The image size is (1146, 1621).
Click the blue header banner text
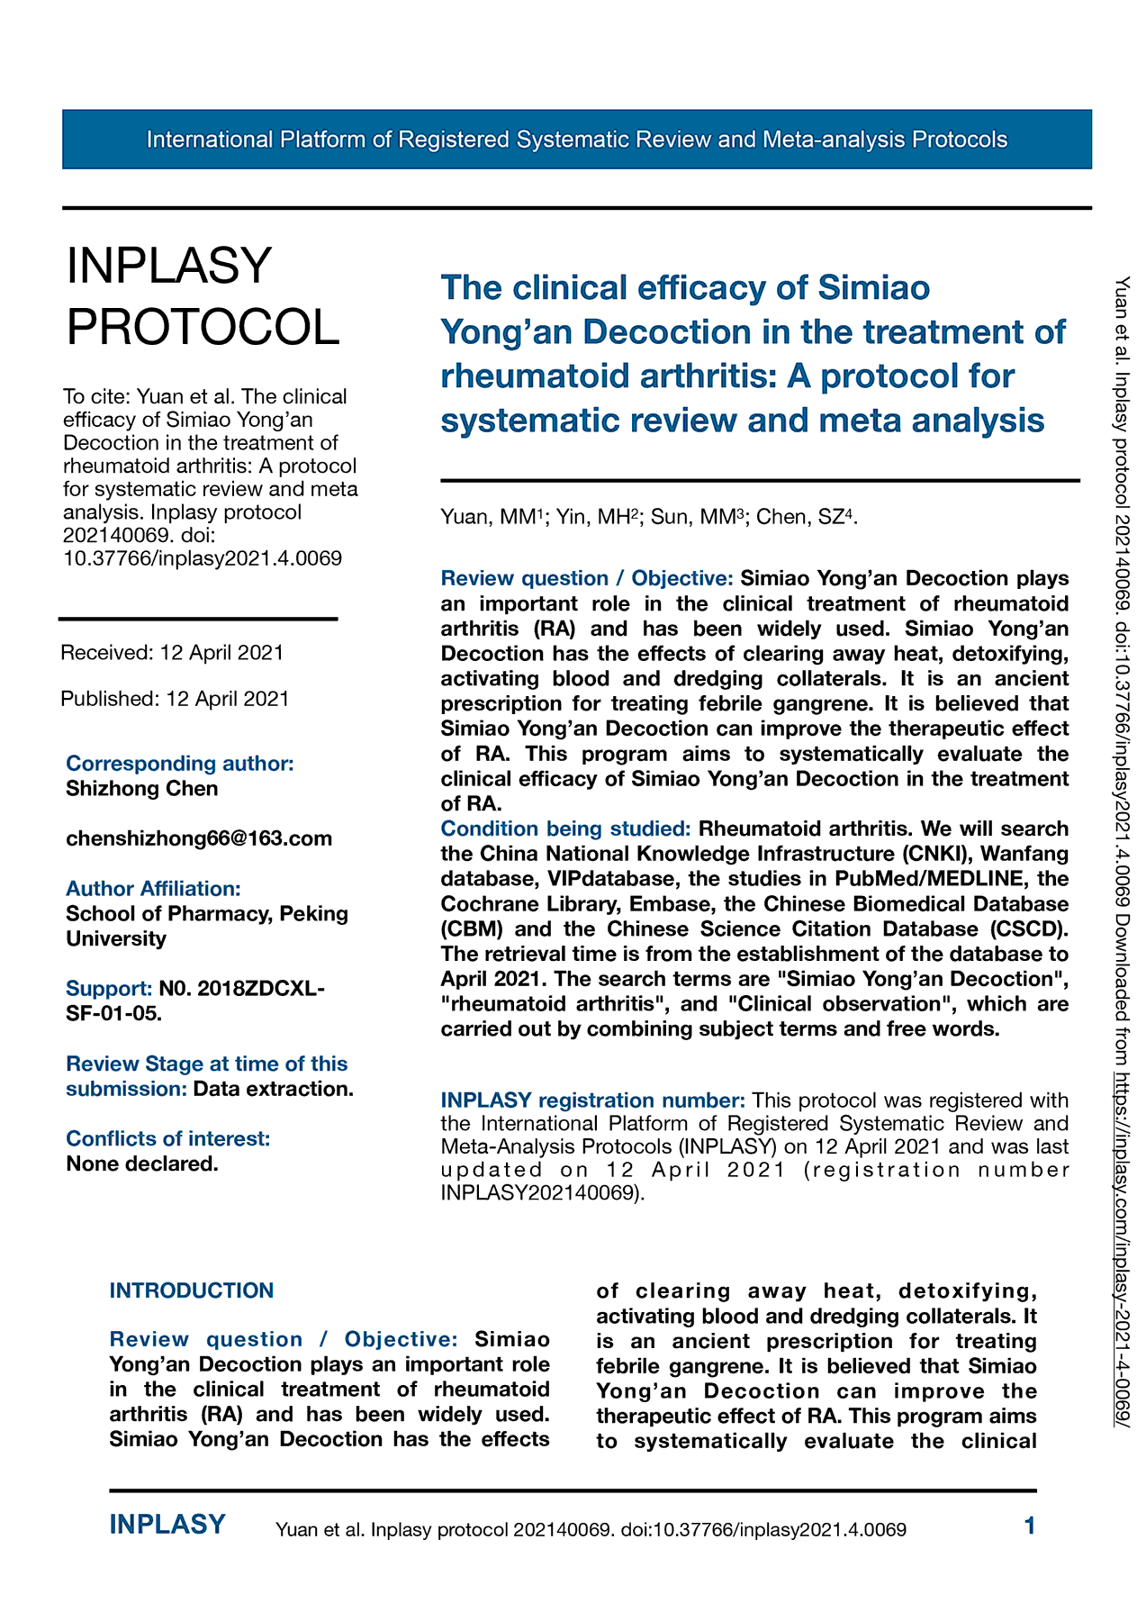(576, 140)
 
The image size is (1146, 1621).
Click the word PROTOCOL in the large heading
(203, 326)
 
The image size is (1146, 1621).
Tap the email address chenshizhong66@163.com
(199, 838)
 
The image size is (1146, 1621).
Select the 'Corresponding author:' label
(180, 764)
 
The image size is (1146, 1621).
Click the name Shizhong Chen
(142, 789)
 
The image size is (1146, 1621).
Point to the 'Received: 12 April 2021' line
(172, 653)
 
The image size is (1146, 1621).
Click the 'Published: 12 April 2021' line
(175, 699)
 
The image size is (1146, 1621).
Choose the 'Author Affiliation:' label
(153, 889)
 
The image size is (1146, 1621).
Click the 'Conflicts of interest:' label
(167, 1139)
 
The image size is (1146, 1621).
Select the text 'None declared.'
(142, 1164)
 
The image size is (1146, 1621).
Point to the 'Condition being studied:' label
(565, 829)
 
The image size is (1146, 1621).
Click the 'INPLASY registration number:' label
(592, 1100)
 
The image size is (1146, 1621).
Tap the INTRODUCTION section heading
(191, 1290)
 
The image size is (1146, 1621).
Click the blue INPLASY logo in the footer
(167, 1525)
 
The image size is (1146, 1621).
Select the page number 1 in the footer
(1030, 1526)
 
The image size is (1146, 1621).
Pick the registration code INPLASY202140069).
(543, 1194)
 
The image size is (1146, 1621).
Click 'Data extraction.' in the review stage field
(273, 1089)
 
